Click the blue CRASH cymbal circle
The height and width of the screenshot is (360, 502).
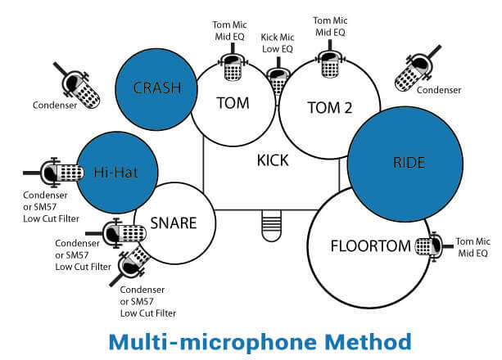pos(156,88)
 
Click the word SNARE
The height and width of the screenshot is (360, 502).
pos(171,223)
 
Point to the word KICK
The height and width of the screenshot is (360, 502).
pos(272,160)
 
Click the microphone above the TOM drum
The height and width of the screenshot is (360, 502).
pos(231,69)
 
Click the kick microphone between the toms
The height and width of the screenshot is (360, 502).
pos(277,82)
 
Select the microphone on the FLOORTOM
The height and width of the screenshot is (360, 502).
pos(427,245)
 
